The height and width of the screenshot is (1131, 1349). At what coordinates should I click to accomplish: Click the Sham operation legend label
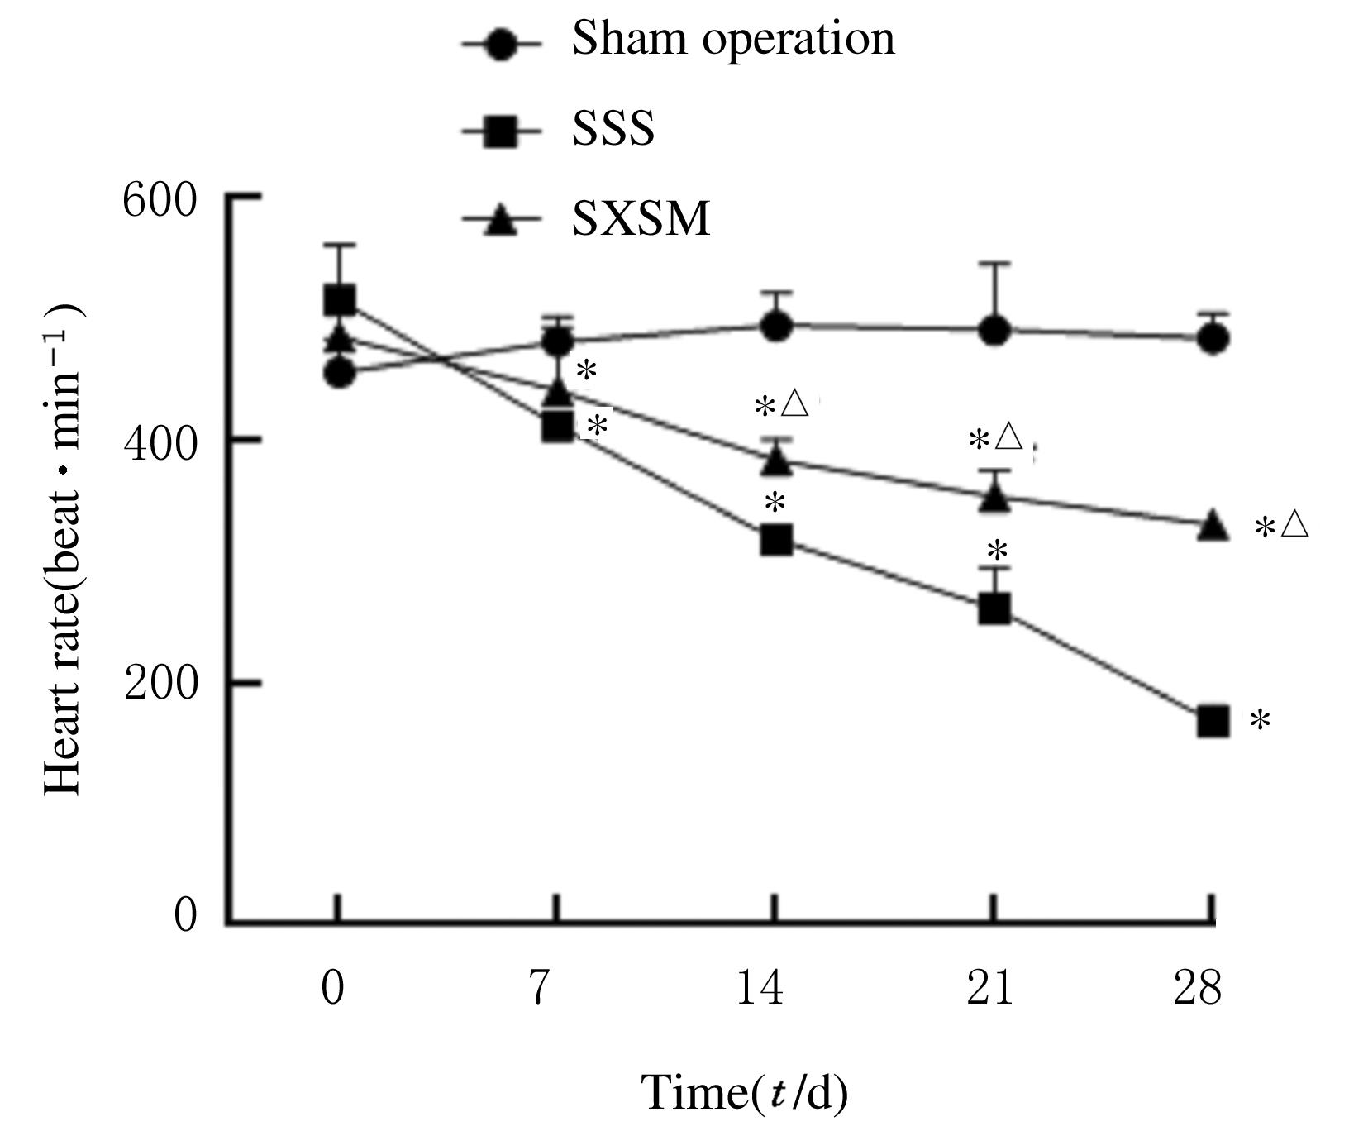732,40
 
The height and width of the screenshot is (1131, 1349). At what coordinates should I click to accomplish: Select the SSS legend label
613,130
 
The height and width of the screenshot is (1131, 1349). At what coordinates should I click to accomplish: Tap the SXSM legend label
641,220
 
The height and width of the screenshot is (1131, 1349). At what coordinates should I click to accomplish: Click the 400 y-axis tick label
160,441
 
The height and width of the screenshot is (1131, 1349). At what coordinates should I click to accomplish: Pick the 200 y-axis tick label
160,684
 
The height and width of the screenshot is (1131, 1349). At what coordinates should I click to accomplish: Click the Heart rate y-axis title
64,550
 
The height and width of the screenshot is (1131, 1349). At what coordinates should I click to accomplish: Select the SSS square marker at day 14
776,541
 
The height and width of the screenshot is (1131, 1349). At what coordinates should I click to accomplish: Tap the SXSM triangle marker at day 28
1213,525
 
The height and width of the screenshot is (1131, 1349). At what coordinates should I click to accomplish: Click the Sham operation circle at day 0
339,373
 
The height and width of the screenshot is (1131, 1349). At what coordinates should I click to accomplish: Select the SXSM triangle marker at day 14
776,460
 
